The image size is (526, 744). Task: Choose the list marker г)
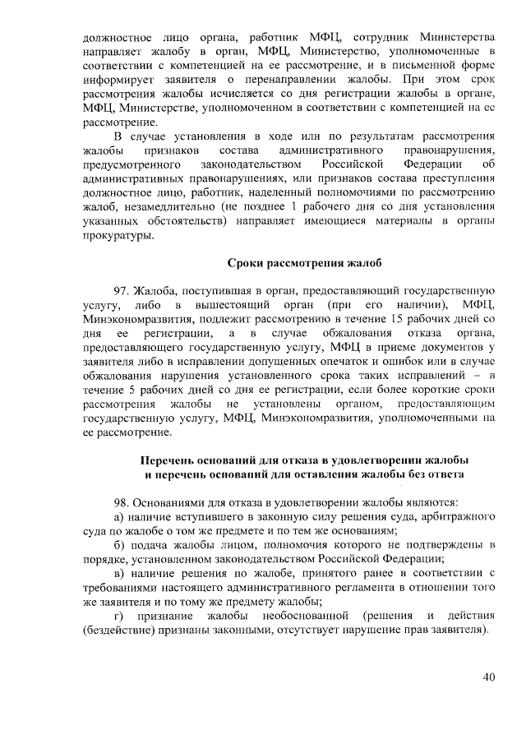coord(118,616)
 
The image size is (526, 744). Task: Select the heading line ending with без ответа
coord(304,474)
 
